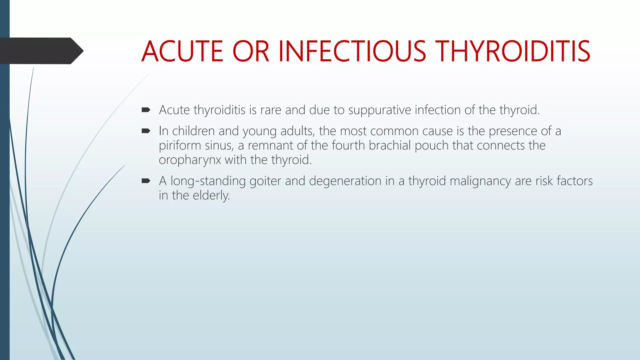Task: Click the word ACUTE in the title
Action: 182,51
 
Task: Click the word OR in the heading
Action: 250,51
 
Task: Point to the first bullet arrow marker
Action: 146,110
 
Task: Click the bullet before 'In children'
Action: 146,131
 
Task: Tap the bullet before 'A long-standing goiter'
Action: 146,181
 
